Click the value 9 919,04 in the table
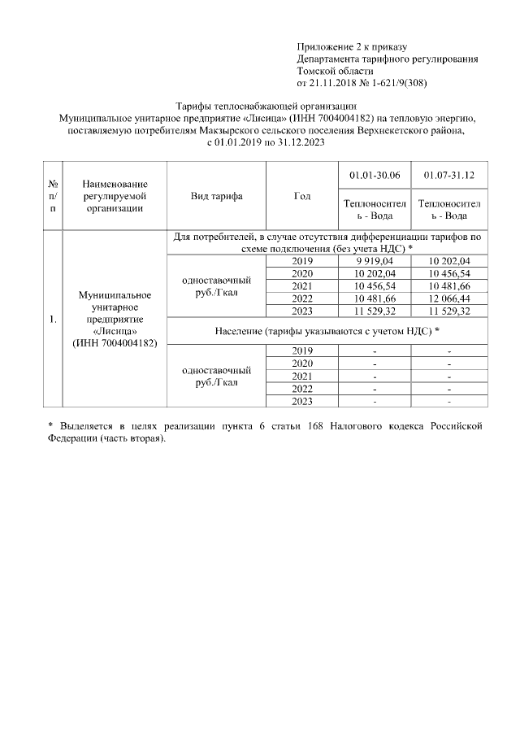[373, 261]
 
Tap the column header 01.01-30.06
[373, 175]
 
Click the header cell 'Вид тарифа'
[216, 196]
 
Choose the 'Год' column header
[300, 196]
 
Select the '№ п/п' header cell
[53, 196]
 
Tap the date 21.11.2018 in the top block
[333, 83]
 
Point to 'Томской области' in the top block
[333, 71]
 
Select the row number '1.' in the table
[53, 318]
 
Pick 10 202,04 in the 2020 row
[373, 274]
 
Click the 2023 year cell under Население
[300, 401]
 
